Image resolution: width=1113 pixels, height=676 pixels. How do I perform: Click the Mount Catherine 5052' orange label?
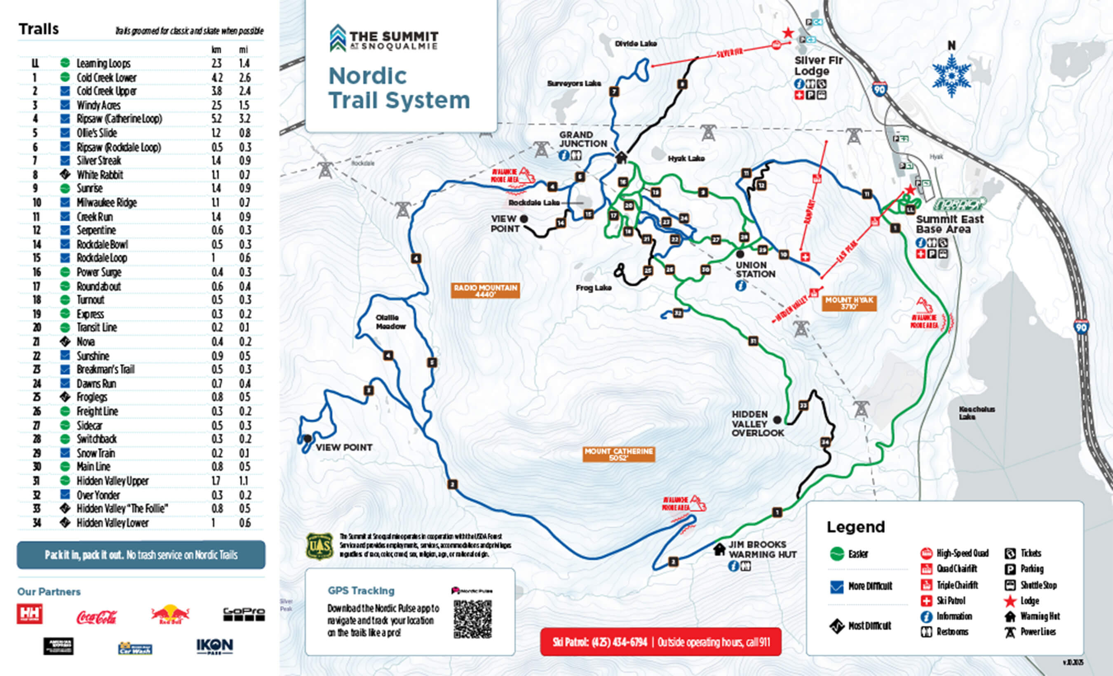point(618,454)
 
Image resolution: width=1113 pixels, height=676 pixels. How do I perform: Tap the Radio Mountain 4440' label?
point(485,290)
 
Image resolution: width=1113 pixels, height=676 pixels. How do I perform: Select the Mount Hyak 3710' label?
point(849,303)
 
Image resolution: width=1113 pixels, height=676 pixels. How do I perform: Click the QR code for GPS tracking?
point(472,619)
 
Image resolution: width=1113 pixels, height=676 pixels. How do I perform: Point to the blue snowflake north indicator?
point(951,75)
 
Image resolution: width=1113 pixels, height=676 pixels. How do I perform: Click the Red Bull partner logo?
point(170,615)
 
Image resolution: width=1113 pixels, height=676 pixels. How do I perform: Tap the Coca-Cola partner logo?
point(96,617)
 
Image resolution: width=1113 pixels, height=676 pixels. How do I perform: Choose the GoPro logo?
point(244,614)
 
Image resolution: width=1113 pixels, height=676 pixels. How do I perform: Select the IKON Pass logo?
point(214,646)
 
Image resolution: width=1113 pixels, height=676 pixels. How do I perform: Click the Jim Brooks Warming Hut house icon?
point(719,549)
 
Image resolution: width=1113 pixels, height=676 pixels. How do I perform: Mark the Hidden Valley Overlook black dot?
point(777,420)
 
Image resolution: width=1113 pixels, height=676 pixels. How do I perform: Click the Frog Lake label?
point(593,288)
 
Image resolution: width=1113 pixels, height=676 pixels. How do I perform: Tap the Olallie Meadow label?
point(391,322)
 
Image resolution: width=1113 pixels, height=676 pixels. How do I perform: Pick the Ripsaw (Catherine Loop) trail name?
point(119,119)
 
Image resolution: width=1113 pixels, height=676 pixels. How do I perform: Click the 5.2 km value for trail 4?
point(216,119)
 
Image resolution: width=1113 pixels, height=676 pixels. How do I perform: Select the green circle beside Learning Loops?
point(65,63)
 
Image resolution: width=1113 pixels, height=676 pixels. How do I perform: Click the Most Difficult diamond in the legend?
point(836,626)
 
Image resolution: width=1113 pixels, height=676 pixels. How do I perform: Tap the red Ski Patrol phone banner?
point(660,642)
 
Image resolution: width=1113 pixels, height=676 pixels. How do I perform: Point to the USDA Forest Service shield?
point(320,546)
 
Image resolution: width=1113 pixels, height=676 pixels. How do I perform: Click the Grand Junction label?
point(583,139)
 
